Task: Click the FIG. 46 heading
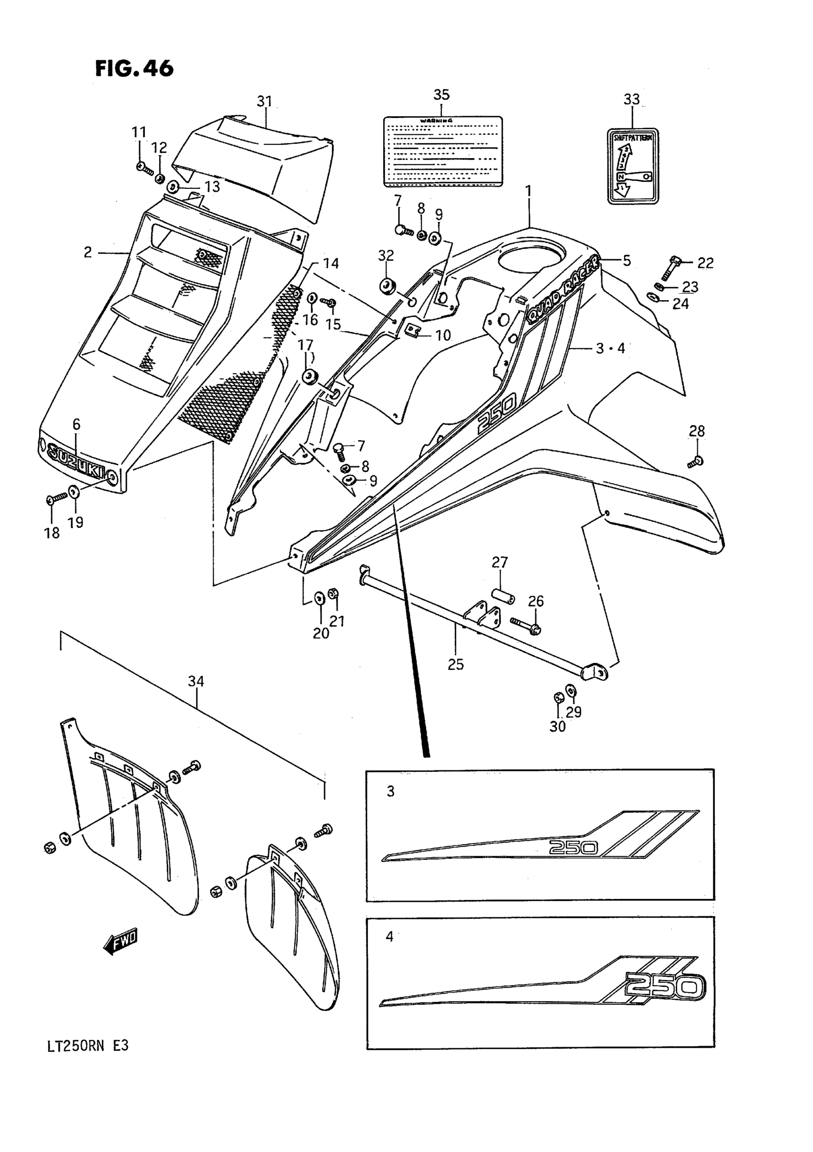tap(134, 68)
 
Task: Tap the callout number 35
tap(441, 94)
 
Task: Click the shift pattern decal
tap(633, 166)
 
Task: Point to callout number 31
tap(264, 101)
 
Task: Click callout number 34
tap(196, 681)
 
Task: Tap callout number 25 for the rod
tap(456, 664)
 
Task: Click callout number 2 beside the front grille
tap(88, 252)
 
